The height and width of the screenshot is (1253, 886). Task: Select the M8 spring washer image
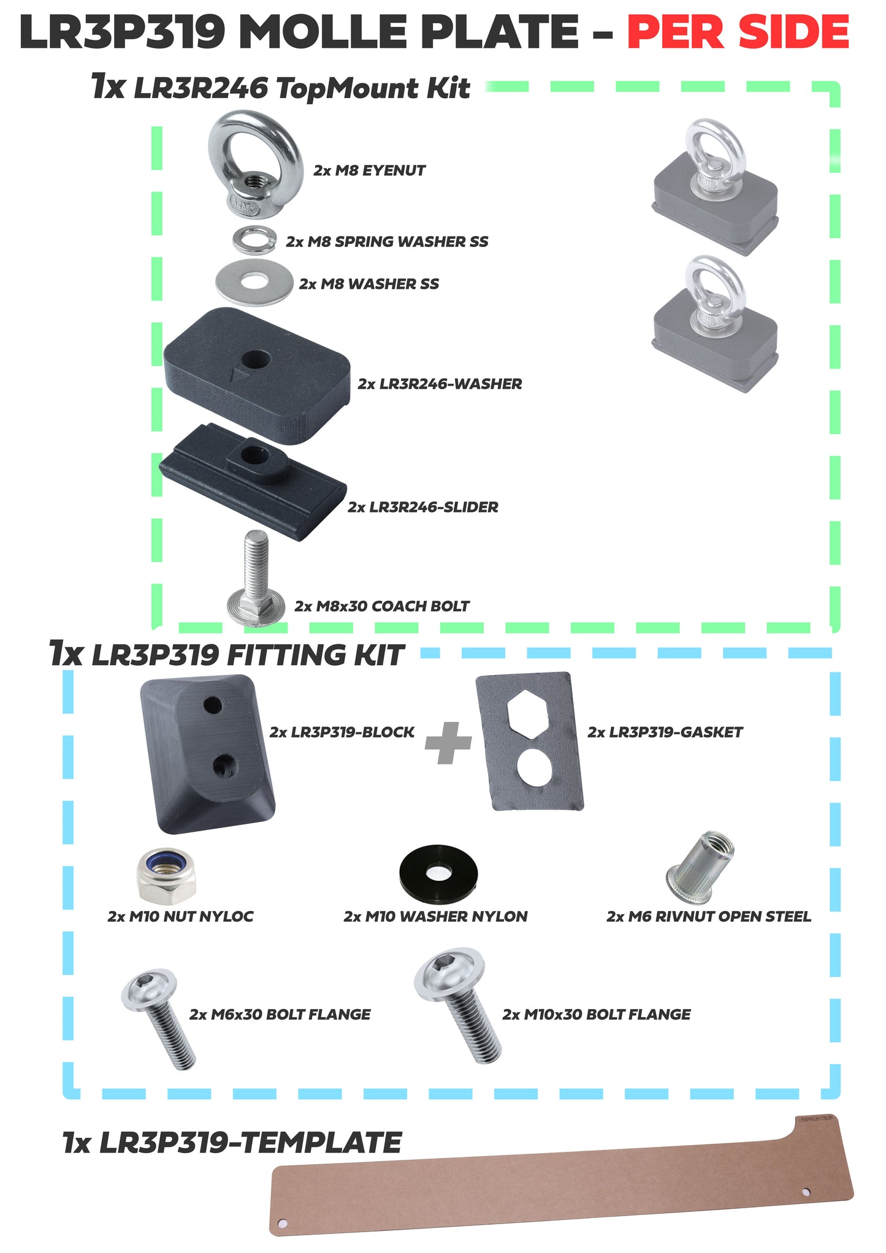coord(254,240)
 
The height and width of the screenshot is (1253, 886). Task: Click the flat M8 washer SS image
coord(254,281)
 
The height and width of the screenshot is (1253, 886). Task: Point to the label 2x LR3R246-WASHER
coord(440,384)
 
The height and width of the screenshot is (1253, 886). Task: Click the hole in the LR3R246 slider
coord(251,454)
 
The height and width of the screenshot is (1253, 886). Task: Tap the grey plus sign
coord(448,742)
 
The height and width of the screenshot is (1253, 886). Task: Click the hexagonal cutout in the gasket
coord(527,714)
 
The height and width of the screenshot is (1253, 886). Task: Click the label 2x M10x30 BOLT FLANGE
coord(596,1014)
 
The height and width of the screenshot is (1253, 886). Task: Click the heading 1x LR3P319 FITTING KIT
coord(227,655)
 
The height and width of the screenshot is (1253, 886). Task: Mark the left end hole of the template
coord(283,1223)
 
